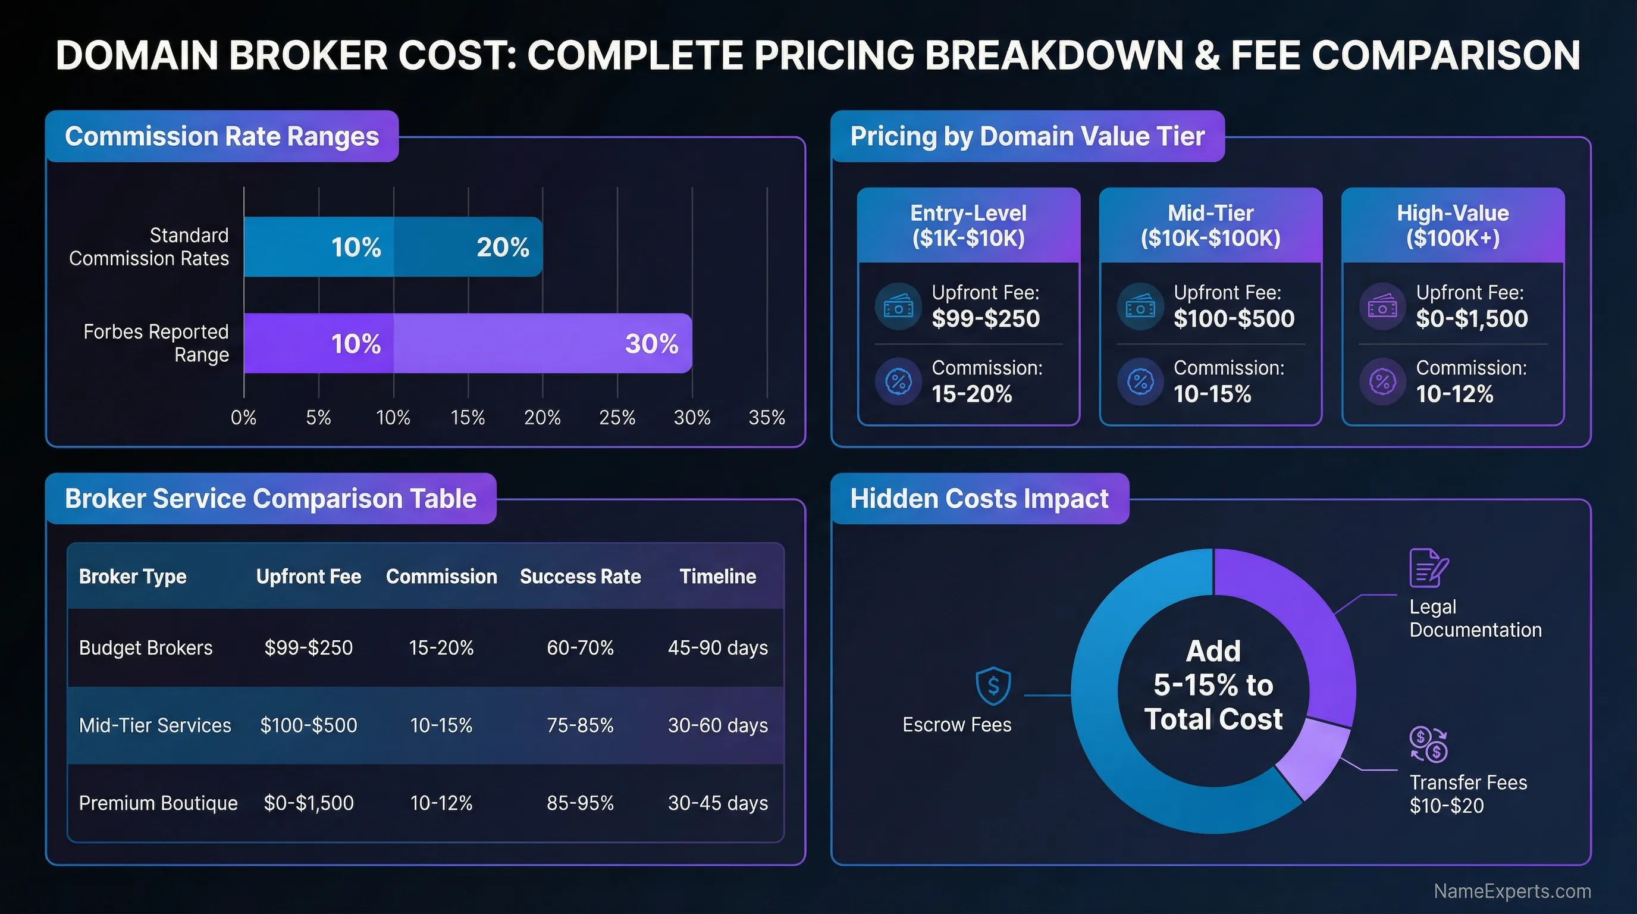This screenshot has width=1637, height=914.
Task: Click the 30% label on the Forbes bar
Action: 651,344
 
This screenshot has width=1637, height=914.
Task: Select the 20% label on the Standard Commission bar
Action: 503,248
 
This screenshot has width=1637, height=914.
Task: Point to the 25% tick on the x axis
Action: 617,418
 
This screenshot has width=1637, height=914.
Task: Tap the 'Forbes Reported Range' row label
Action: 156,343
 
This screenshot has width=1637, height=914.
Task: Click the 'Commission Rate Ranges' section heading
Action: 222,137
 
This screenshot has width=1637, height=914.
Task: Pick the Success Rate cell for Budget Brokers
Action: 580,647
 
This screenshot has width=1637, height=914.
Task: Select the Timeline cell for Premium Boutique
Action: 717,803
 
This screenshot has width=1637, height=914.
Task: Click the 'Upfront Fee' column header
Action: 308,577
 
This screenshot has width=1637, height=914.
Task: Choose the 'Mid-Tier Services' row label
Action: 155,725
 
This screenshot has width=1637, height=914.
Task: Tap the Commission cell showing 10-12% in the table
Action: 441,803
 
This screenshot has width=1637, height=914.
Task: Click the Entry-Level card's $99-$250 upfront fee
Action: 986,318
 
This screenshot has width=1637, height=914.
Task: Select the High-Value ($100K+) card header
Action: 1453,226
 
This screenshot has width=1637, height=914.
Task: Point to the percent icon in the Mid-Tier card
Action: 1140,382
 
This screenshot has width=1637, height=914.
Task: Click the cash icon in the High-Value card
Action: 1382,307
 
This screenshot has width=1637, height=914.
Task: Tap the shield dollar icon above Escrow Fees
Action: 993,686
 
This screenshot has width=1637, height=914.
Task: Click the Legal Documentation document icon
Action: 1429,568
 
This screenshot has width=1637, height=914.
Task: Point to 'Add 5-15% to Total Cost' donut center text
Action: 1213,685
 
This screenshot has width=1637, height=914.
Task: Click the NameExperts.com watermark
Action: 1512,891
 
